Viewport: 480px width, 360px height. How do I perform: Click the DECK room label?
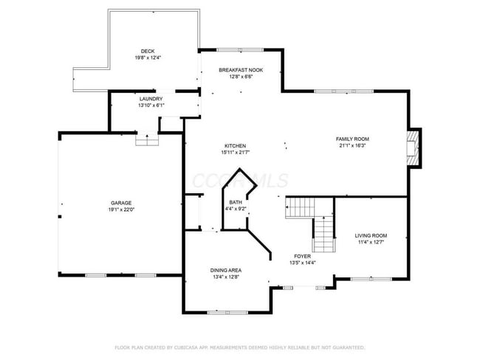coord(148,52)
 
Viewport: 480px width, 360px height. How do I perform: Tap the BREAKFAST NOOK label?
coord(241,69)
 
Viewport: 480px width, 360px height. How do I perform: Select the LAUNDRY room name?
coord(151,98)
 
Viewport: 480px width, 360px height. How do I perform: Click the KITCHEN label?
coord(236,146)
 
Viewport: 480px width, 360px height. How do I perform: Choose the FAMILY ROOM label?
coord(352,139)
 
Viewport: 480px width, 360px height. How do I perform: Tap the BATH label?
coord(236,202)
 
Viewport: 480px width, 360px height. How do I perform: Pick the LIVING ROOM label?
coord(371,236)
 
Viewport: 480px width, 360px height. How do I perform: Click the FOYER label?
coord(303,256)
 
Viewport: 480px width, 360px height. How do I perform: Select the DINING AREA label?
coord(226,271)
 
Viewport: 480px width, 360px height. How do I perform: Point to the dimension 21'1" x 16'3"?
coord(352,145)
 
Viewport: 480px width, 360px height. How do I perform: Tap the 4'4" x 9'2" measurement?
coord(236,209)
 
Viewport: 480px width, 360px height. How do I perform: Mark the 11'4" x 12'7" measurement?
coord(371,243)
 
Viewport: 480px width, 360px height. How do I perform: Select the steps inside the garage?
coord(146,139)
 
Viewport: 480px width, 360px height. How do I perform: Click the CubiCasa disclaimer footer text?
coord(239,347)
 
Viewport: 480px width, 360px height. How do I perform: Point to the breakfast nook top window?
coord(240,49)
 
